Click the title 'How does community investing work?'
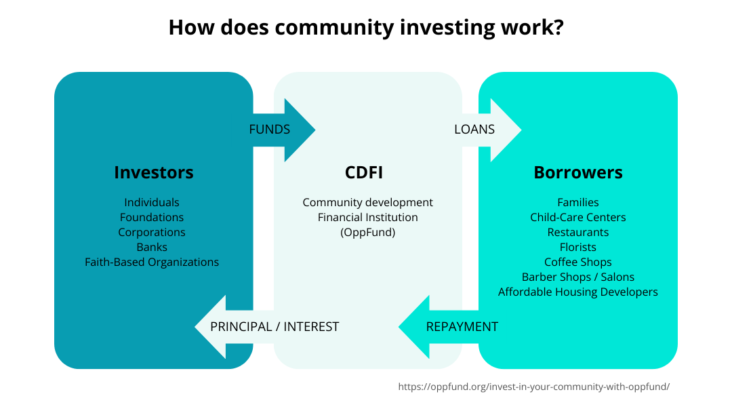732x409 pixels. click(366, 28)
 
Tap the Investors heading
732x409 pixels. click(154, 172)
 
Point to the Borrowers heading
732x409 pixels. click(578, 172)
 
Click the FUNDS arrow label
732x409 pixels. click(270, 130)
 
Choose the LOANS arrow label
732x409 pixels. click(474, 130)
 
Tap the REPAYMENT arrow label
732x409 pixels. click(462, 327)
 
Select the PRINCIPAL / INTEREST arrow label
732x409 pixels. click(274, 327)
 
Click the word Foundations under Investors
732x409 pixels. click(152, 217)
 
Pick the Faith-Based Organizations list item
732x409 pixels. click(152, 262)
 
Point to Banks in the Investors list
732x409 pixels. click(152, 247)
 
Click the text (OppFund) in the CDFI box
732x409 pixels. click(368, 232)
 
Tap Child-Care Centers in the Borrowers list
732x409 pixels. click(578, 217)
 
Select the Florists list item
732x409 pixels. click(578, 247)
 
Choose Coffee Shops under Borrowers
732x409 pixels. click(578, 262)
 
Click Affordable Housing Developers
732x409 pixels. click(578, 292)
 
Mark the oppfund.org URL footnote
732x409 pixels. click(533, 387)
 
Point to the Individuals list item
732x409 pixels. click(152, 202)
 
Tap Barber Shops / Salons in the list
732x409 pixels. click(578, 277)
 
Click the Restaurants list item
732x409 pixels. click(578, 232)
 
